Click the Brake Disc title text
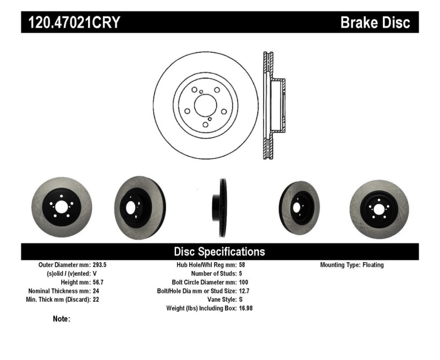pyautogui.click(x=375, y=23)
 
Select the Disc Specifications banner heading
pyautogui.click(x=219, y=252)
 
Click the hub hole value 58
pyautogui.click(x=242, y=265)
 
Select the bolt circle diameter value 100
pyautogui.click(x=244, y=282)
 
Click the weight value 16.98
pyautogui.click(x=246, y=308)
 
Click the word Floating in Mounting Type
pyautogui.click(x=373, y=265)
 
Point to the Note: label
pyautogui.click(x=61, y=319)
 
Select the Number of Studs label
pyautogui.click(x=213, y=273)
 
